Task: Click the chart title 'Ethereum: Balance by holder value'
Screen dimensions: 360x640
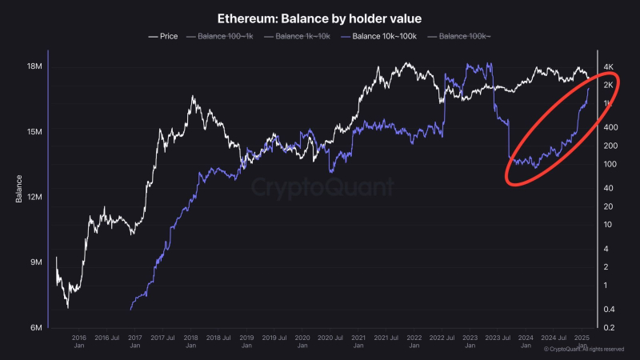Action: tap(320, 18)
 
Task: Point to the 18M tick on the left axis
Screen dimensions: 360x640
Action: tap(33, 67)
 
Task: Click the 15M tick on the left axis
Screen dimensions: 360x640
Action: tap(33, 132)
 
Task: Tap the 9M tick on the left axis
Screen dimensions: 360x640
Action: tap(35, 262)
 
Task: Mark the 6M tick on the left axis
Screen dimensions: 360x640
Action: tap(35, 328)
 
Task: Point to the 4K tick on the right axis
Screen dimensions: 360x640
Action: tap(608, 67)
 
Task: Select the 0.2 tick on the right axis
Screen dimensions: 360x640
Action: tap(608, 328)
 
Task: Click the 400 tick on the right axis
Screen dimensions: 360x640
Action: tap(609, 127)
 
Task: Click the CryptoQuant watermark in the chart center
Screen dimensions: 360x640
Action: tap(322, 187)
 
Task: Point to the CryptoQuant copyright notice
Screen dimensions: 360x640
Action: tap(584, 350)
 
